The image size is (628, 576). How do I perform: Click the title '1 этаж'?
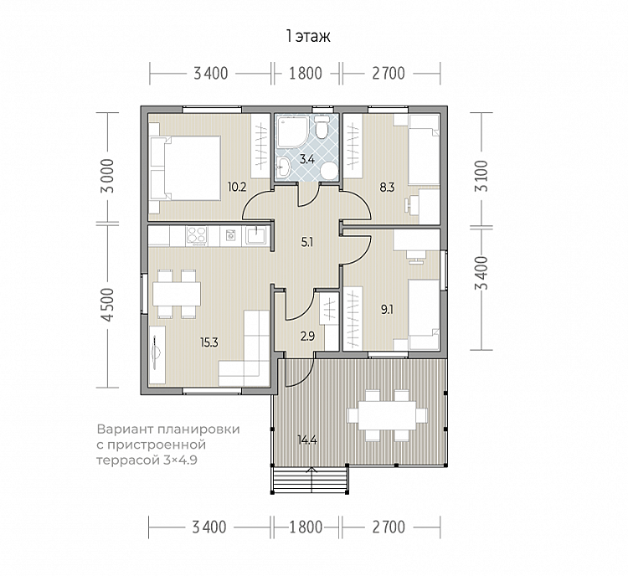coord(308,37)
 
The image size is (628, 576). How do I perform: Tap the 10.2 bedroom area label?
coord(237,187)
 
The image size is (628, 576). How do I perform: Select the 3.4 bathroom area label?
coord(307,159)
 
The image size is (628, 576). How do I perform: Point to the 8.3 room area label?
coord(388,187)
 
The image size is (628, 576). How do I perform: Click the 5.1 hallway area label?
coord(306,242)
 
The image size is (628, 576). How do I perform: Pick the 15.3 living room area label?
coord(209,342)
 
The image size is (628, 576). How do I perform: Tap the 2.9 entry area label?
coord(307,336)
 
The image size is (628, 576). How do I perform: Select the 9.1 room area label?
coord(387,309)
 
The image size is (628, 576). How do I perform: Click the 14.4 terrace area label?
coord(307,440)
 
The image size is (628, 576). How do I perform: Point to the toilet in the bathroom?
coord(321,127)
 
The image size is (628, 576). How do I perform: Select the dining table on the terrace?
coord(387,415)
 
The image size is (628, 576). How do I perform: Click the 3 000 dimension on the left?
coord(108,176)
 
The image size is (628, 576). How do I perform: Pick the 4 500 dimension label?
coord(108,305)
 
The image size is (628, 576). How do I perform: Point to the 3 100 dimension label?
coord(481,176)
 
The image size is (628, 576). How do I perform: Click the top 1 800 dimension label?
coord(306,74)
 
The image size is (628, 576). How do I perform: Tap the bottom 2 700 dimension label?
coord(389,527)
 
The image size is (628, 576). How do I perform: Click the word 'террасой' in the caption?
coord(128,460)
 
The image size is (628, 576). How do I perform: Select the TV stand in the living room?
coord(157,355)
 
